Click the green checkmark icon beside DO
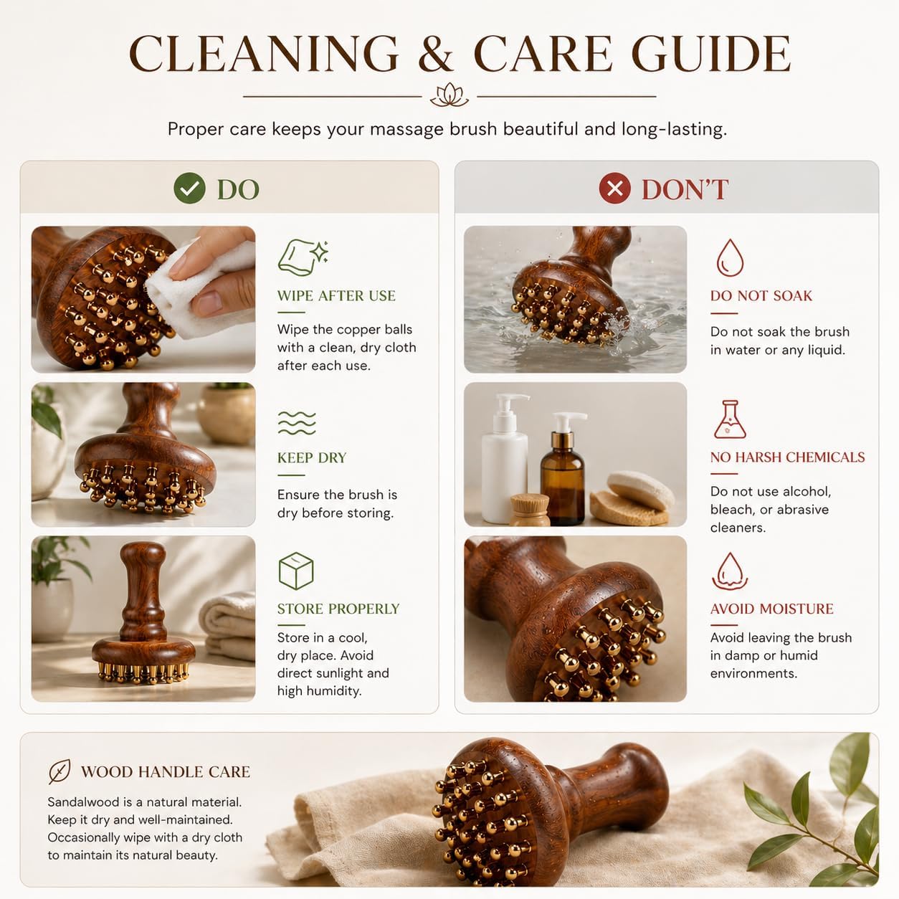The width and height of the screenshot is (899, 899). (x=189, y=188)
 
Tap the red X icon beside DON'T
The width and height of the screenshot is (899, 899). (x=615, y=188)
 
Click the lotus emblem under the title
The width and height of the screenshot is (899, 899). (x=449, y=95)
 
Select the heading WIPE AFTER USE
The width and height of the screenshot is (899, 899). (x=336, y=296)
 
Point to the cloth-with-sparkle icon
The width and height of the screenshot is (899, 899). (x=303, y=258)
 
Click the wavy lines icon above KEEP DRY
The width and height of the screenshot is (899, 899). (x=297, y=423)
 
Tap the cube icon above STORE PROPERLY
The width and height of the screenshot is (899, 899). (x=296, y=571)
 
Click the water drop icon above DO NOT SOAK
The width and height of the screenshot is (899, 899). (x=730, y=258)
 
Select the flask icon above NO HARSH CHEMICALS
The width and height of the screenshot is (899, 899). (x=730, y=419)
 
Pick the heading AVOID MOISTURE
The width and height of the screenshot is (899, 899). (x=771, y=609)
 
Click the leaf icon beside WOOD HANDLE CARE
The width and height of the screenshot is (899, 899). (x=60, y=771)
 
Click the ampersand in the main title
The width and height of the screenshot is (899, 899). (x=435, y=54)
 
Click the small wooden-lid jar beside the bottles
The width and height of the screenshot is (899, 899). (x=530, y=510)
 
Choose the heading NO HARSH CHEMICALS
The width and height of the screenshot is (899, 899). (x=787, y=457)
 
